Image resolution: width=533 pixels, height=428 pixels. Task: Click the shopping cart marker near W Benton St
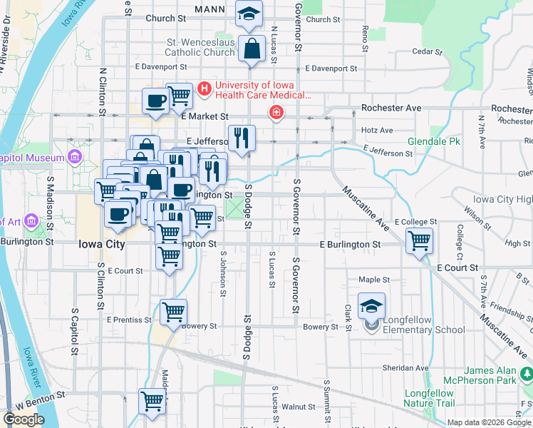[x=152, y=402]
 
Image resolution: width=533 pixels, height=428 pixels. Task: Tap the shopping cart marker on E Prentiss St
[x=173, y=312]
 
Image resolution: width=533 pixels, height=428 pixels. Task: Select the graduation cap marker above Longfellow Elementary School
[x=371, y=305]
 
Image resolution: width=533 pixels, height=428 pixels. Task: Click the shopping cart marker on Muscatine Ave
[x=420, y=240]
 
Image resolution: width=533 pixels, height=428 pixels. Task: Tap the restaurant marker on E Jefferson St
[x=242, y=137]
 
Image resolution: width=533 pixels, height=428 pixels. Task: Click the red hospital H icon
[x=205, y=89]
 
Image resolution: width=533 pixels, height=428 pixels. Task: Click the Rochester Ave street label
[x=391, y=108]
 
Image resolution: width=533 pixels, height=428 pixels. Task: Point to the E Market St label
[x=205, y=116]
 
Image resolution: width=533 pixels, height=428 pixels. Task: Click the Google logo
[x=24, y=419]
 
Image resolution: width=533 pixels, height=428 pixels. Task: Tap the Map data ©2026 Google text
[x=489, y=422]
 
